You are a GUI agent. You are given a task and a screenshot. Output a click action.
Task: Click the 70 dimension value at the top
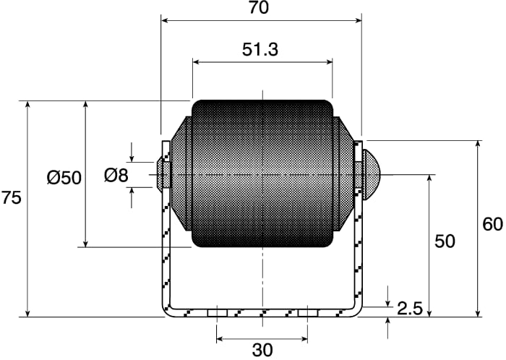259,8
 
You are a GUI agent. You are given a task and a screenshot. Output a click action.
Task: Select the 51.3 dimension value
260,50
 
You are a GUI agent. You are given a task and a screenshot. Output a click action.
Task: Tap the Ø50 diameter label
64,178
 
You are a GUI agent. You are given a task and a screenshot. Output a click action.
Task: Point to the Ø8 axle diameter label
116,176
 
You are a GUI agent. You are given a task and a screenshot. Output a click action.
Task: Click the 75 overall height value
12,197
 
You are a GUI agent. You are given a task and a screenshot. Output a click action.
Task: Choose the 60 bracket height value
492,224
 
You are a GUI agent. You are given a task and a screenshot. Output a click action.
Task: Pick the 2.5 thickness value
410,309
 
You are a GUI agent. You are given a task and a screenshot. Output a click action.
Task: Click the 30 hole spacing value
262,351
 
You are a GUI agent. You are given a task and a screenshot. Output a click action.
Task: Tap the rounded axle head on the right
372,174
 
